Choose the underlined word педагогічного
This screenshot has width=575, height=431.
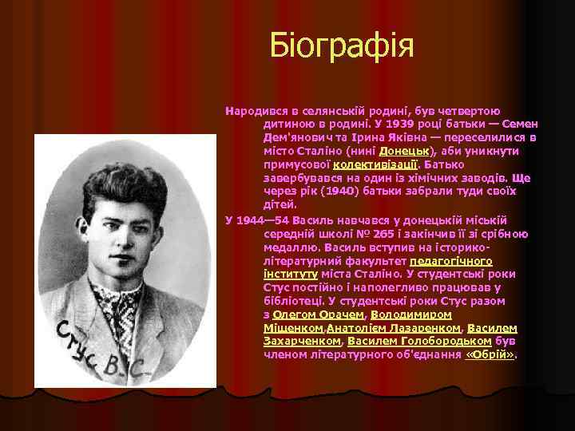click(x=450, y=260)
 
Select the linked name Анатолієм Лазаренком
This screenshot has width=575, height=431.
click(x=392, y=327)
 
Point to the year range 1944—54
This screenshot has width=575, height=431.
click(x=267, y=220)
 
